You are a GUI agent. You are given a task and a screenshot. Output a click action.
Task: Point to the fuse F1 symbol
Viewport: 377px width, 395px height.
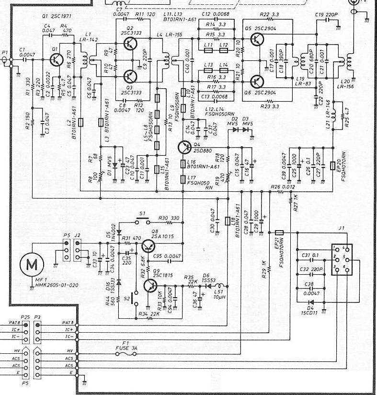click(x=127, y=354)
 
